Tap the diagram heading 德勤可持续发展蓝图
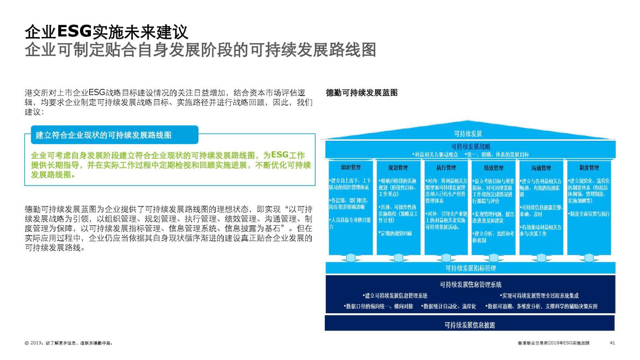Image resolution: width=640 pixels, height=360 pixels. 362,93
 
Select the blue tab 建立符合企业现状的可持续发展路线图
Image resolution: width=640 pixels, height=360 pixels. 104,135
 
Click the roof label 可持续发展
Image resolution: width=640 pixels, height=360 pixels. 468,134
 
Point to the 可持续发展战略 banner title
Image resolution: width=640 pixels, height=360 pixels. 470,147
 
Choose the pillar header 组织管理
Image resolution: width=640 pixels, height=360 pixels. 351,168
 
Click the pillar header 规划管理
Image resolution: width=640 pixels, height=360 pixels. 398,168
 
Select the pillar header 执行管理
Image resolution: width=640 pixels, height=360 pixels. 446,168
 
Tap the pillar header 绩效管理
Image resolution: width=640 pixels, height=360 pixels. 493,168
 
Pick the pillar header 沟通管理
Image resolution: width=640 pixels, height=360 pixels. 541,168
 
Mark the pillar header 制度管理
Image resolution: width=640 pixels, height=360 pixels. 589,168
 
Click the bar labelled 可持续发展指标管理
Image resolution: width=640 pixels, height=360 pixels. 470,268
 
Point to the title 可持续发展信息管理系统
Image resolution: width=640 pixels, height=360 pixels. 470,284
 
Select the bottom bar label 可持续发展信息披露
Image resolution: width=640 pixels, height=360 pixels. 470,325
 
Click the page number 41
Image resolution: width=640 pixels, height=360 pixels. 612,343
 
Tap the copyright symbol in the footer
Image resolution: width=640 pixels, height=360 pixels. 27,343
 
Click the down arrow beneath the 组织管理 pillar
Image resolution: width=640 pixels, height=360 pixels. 351,258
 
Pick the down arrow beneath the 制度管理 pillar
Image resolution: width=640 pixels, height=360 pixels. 589,258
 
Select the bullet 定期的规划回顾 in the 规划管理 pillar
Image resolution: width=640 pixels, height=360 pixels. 396,233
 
